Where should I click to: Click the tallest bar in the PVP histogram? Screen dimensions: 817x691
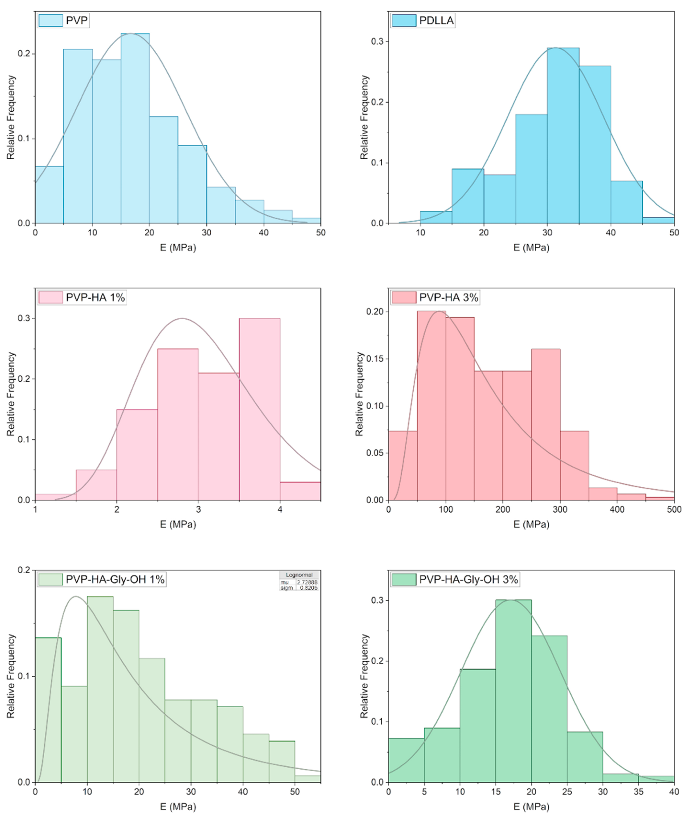135,129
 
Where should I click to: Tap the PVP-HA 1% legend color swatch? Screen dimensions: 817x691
51,297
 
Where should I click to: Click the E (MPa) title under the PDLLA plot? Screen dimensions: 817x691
531,247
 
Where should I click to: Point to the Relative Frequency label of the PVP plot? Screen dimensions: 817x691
11,117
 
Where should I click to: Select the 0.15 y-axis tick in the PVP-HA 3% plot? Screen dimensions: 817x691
375,359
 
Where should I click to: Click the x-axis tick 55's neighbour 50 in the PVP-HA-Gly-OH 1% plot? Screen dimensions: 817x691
295,792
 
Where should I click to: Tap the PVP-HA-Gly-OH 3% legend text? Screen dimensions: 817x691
468,579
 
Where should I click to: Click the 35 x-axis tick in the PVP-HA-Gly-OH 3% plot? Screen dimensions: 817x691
638,792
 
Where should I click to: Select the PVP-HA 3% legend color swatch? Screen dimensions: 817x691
404,297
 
